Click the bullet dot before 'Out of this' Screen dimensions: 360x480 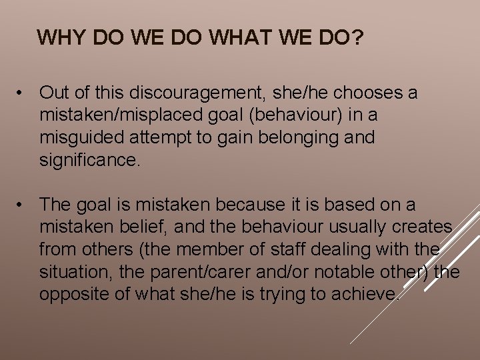click(x=24, y=93)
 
